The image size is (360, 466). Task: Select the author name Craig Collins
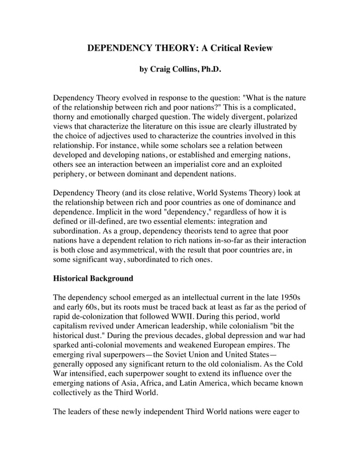coord(175,71)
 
